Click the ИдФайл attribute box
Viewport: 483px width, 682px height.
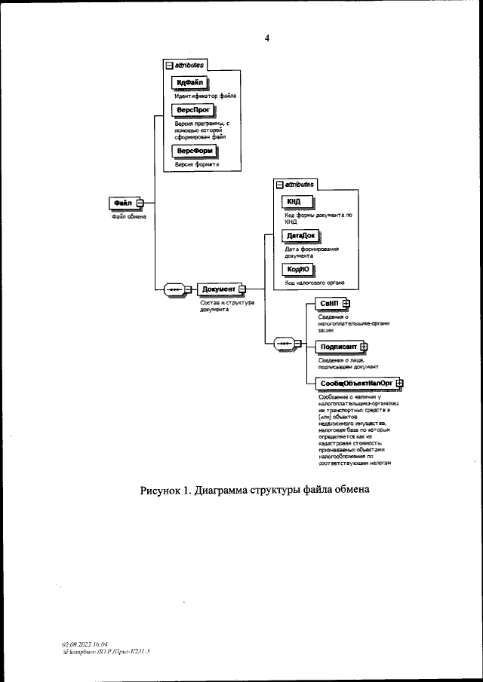coord(188,82)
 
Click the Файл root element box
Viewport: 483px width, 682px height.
coord(123,203)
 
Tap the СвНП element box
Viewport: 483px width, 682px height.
coord(328,303)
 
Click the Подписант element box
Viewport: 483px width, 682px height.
coord(337,346)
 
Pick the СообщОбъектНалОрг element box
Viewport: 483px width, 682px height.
coord(357,384)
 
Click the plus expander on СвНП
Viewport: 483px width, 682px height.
coord(346,303)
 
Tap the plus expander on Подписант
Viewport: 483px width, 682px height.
coord(364,346)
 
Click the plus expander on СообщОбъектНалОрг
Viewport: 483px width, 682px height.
coord(400,384)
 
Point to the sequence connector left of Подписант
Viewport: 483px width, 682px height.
coord(285,344)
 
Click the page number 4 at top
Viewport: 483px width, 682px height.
coord(266,37)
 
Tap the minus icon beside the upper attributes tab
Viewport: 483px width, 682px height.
coord(169,66)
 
